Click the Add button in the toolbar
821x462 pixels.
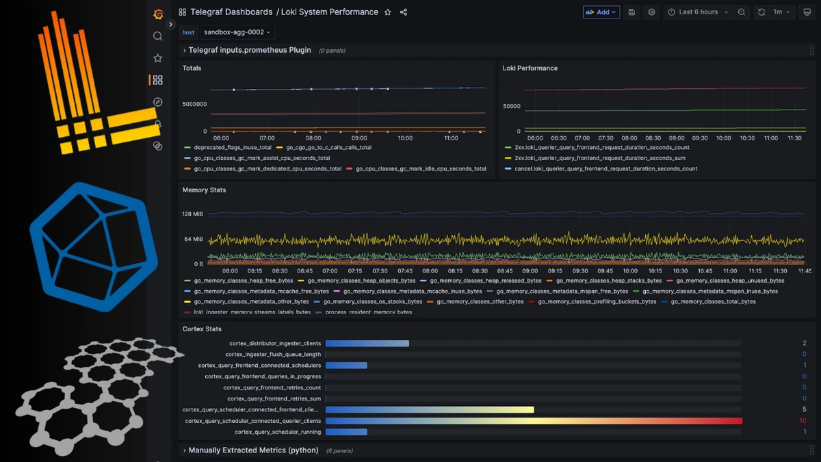pyautogui.click(x=601, y=12)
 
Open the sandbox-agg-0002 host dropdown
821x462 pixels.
pyautogui.click(x=237, y=32)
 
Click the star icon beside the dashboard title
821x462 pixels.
pyautogui.click(x=388, y=12)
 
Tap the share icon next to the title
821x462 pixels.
pyautogui.click(x=403, y=12)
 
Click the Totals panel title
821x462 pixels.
pyautogui.click(x=192, y=68)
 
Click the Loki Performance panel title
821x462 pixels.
pyautogui.click(x=530, y=68)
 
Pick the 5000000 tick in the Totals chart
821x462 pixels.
pyautogui.click(x=194, y=104)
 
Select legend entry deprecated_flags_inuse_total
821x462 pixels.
pyautogui.click(x=232, y=147)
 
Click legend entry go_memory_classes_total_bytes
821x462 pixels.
pyautogui.click(x=713, y=301)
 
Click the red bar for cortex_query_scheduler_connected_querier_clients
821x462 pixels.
pyautogui.click(x=534, y=421)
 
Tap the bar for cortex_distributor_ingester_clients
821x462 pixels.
pyautogui.click(x=367, y=344)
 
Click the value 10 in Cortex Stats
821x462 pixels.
pyautogui.click(x=803, y=421)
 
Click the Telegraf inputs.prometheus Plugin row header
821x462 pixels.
pyautogui.click(x=249, y=50)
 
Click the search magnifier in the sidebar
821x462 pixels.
pyautogui.click(x=158, y=36)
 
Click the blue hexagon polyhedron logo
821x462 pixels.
pyautogui.click(x=94, y=246)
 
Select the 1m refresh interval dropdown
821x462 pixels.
pyautogui.click(x=781, y=12)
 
